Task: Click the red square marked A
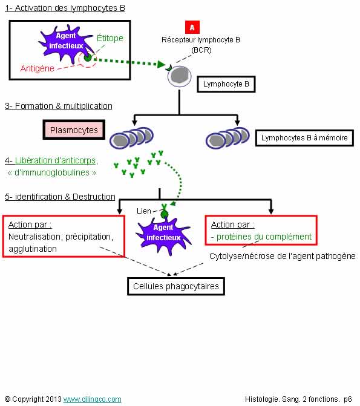coord(192,27)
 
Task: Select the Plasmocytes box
coord(74,129)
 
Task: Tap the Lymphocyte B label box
coord(226,84)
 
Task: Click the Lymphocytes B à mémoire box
coord(304,138)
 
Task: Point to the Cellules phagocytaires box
coord(176,286)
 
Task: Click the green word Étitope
coord(110,38)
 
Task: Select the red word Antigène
coord(38,68)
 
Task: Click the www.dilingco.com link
coord(92,399)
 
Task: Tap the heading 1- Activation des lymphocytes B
coord(65,8)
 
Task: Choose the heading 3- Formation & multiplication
coord(59,106)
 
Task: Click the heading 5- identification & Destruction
coord(60,197)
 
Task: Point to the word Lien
coord(144,211)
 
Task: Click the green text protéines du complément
coord(264,237)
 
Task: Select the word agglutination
coord(33,249)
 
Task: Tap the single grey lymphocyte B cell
coord(180,77)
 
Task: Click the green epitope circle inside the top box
coord(88,57)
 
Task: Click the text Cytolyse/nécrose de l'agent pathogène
coord(283,256)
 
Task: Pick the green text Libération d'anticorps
coord(56,160)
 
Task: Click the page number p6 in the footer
coord(348,399)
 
